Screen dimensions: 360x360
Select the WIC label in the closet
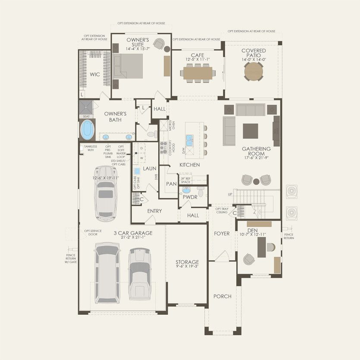pos(95,75)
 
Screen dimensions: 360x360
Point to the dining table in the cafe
pos(197,73)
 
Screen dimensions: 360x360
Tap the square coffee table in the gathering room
pos(250,131)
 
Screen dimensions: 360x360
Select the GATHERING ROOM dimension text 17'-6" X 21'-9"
pos(256,158)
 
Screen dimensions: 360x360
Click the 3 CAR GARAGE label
pos(133,233)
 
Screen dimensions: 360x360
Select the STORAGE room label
pos(187,262)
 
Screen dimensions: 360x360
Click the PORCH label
pos(222,296)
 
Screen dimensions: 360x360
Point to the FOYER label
pos(222,233)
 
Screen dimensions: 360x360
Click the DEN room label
pos(252,230)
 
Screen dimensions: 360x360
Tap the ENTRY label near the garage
pos(154,211)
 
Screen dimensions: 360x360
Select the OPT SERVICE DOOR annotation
pos(93,232)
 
